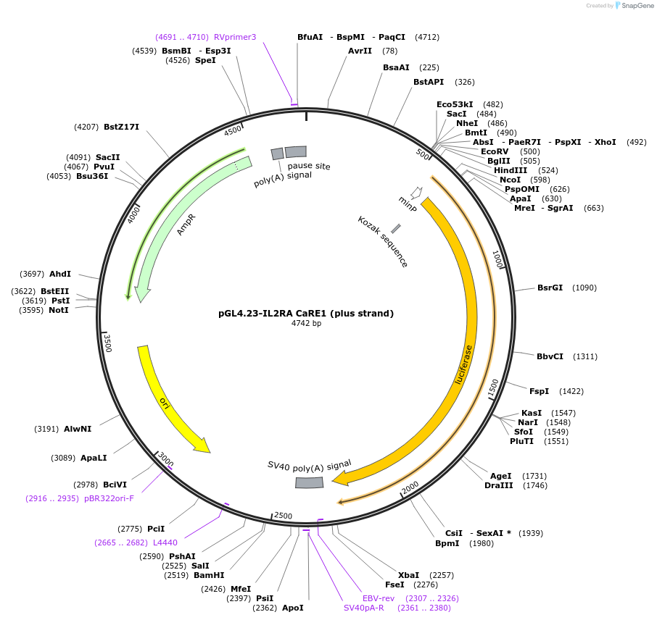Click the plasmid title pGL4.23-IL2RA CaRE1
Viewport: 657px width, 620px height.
point(306,314)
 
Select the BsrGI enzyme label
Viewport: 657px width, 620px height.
point(550,288)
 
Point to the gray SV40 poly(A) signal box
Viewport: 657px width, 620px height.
point(309,483)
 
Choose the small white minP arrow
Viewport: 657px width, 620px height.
point(416,193)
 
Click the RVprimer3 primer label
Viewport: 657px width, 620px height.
point(235,37)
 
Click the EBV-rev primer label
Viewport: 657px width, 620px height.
point(379,598)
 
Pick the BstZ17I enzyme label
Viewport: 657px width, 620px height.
point(121,127)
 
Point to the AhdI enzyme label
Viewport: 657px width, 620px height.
point(60,274)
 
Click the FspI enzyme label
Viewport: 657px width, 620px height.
point(540,391)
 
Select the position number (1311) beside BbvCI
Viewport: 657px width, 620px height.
point(585,356)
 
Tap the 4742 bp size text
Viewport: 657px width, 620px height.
point(306,324)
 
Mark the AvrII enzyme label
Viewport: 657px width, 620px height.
point(360,51)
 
